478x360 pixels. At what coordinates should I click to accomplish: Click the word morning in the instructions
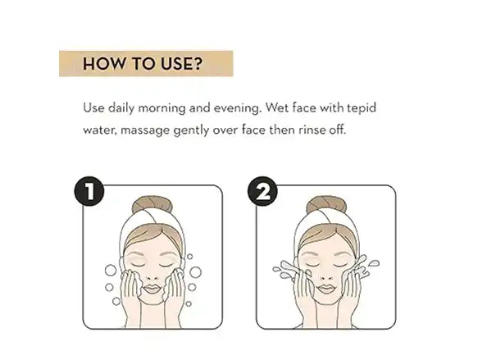coord(162,108)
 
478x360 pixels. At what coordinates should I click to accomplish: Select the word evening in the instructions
coord(237,108)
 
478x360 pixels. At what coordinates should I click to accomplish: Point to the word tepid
coord(362,108)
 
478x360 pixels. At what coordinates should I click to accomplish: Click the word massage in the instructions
coord(145,131)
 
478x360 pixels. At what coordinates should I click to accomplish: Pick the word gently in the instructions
coord(191,130)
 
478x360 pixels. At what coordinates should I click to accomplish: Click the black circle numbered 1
coord(89,191)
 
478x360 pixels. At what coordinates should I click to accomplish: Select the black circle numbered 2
coord(262,191)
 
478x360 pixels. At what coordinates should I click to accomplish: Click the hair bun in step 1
coord(153,204)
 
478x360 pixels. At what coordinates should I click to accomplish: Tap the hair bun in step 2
coord(326,204)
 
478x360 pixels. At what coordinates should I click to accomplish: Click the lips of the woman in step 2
coord(326,288)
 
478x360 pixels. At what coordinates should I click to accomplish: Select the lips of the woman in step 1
coord(152,289)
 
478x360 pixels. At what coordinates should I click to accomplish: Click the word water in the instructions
coord(100,130)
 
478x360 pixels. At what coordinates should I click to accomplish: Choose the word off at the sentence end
coord(338,130)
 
